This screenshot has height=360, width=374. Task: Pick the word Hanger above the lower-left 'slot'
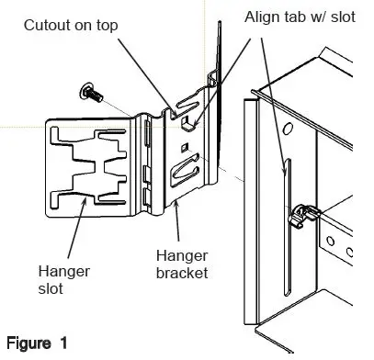(x=58, y=271)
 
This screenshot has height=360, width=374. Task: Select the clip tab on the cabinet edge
(x=299, y=217)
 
